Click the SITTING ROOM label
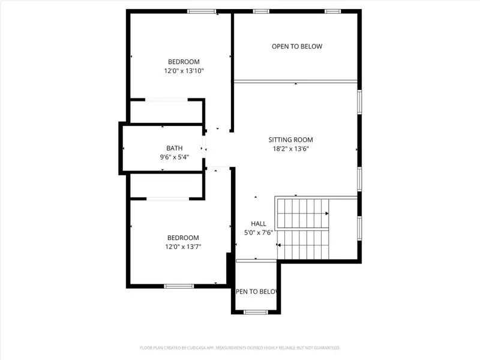[290, 140]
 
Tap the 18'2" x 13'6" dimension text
[290, 149]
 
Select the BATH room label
[175, 148]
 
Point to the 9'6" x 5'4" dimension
[175, 157]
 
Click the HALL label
[259, 224]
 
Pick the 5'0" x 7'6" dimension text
[259, 232]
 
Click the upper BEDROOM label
[184, 62]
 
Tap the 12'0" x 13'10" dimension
[184, 71]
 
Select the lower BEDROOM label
[183, 238]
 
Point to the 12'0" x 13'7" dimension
[183, 246]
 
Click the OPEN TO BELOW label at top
[297, 46]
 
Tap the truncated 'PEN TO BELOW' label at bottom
[256, 292]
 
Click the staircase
[304, 228]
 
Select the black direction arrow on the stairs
[326, 214]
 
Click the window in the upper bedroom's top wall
[202, 11]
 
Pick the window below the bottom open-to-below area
[256, 311]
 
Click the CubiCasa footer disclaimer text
[240, 347]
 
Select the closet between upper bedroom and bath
[167, 111]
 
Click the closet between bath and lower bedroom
[167, 186]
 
